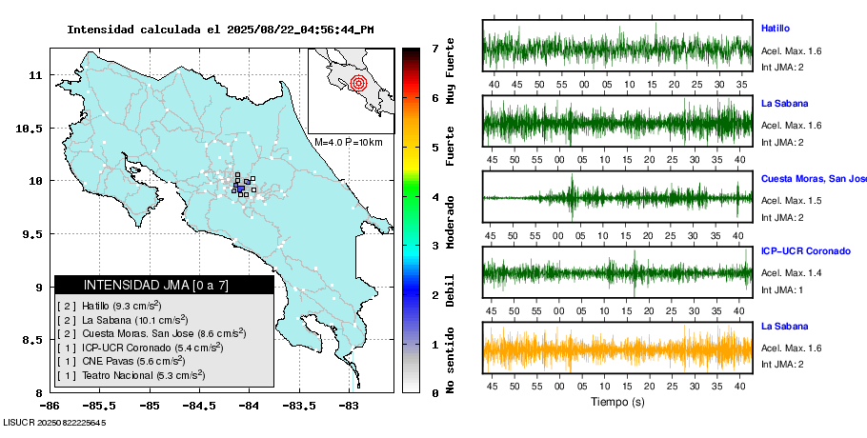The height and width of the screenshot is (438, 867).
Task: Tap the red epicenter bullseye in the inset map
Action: tap(358, 83)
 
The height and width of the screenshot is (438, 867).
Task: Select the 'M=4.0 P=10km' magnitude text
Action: tap(348, 143)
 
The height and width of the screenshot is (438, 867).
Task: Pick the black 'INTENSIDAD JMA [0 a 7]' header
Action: tap(164, 285)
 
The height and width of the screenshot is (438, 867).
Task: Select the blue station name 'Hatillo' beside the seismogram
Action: tap(776, 29)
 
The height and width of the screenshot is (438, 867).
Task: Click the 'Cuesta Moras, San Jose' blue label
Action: tap(814, 178)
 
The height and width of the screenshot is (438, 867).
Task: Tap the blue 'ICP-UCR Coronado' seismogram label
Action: tap(805, 251)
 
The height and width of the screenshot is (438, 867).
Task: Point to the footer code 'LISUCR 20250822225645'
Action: tap(54, 422)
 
